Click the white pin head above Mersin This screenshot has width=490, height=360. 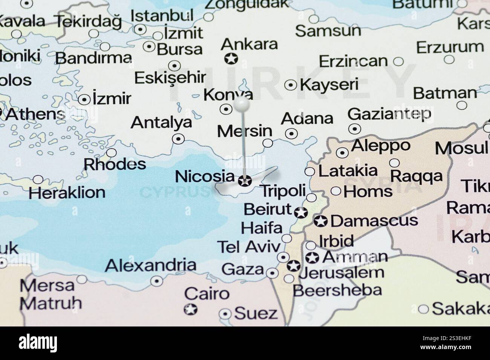pos(241,103)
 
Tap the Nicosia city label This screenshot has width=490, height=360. pos(205,176)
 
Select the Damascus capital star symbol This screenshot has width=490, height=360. pos(321,221)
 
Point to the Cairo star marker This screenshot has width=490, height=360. pos(191,310)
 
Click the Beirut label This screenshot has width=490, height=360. pos(267,209)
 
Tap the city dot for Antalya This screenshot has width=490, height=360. pos(178,139)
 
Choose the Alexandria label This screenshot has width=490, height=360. pos(150,265)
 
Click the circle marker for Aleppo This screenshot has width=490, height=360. pos(342,153)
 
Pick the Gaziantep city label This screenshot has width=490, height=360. pos(389,113)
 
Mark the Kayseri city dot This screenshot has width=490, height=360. pos(291,85)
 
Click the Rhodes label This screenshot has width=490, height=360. pos(115,164)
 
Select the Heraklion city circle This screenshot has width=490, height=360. pos(38,180)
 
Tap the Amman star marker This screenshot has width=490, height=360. pos(312,258)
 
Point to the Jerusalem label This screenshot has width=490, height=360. pos(341,273)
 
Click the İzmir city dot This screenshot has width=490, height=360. pos(84,100)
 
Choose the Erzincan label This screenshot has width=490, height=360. pos(353,61)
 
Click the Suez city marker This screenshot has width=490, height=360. pos(225,314)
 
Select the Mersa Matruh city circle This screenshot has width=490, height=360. pos(82,279)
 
